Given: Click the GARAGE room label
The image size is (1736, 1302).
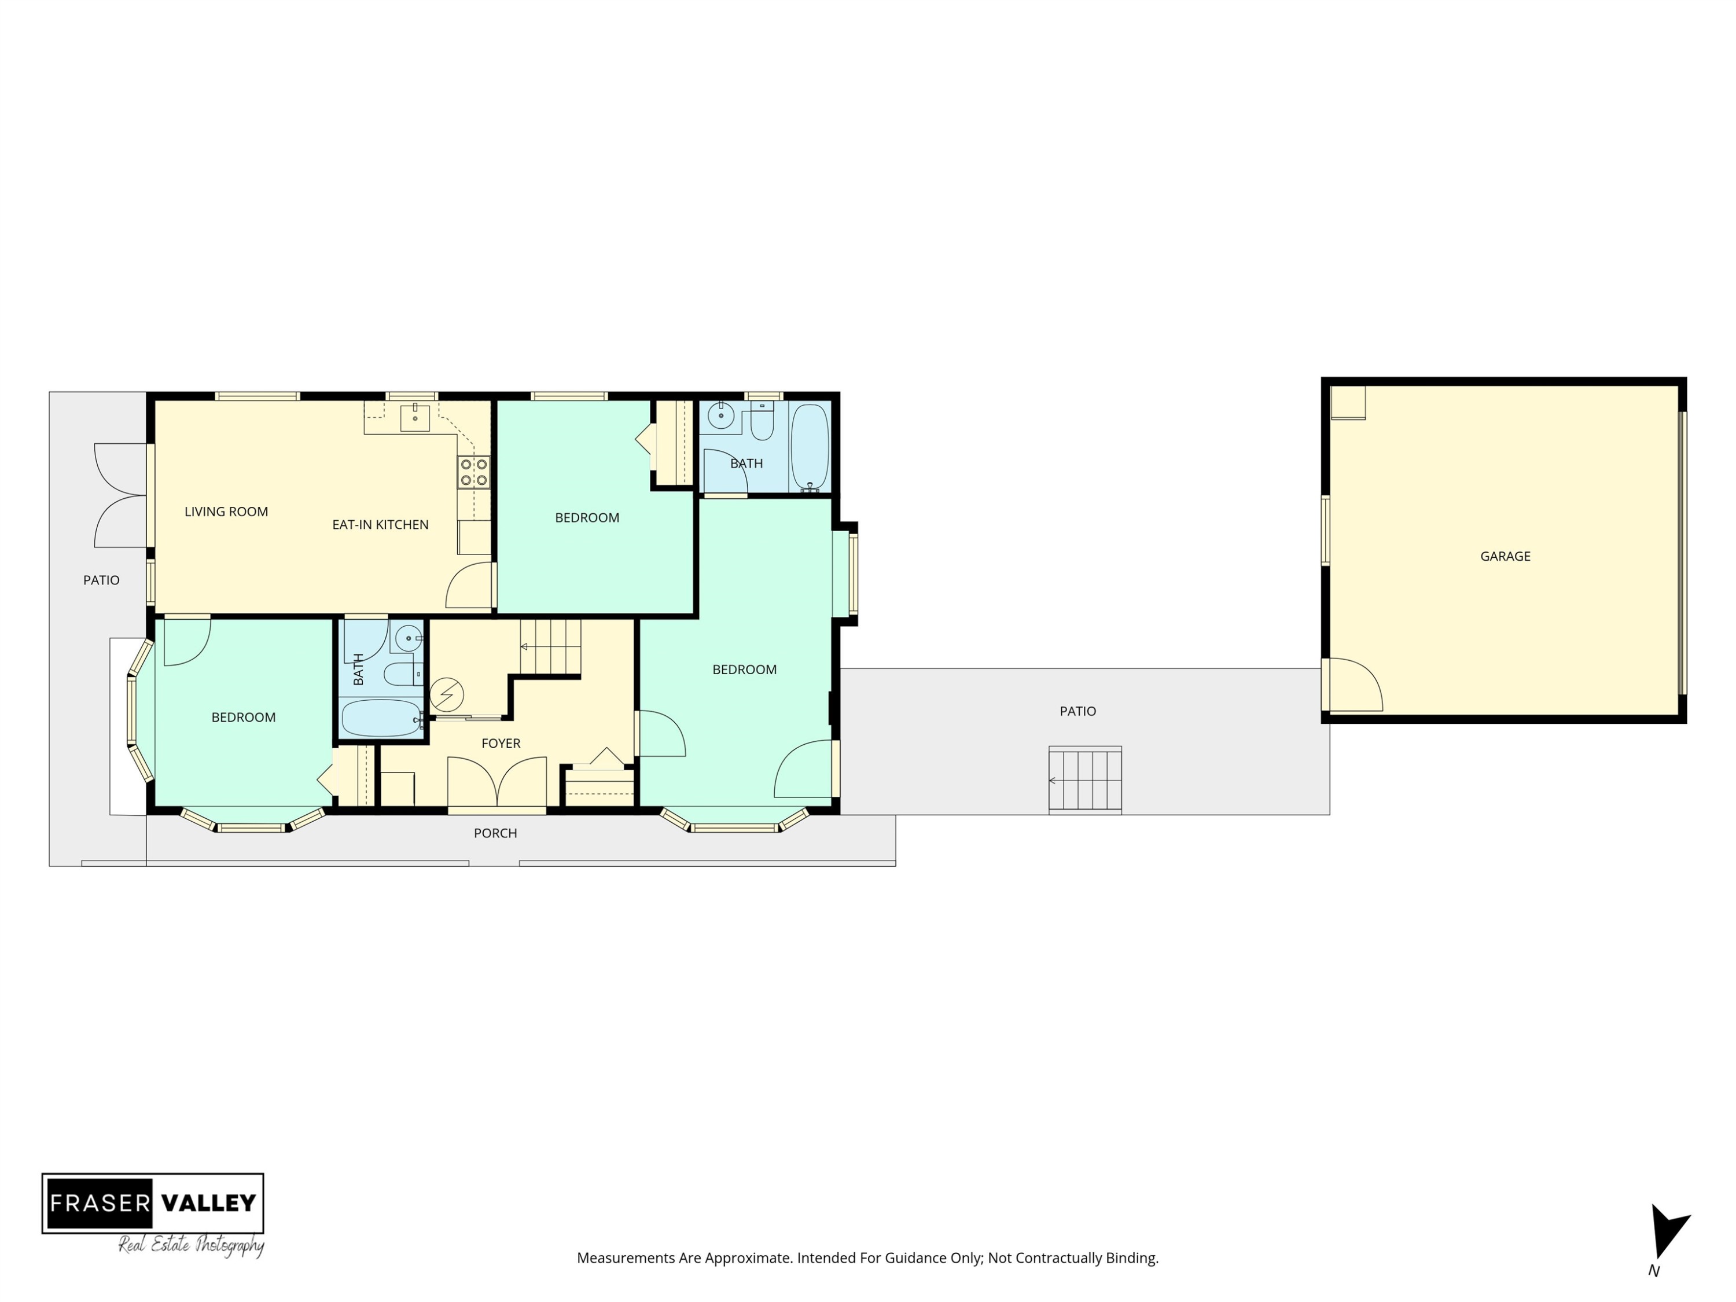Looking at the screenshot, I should pyautogui.click(x=1505, y=557).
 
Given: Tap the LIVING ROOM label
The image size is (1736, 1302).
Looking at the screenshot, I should pyautogui.click(x=226, y=512).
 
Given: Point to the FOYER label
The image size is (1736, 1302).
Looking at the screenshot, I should pyautogui.click(x=501, y=743).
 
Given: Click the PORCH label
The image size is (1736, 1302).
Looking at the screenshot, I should pyautogui.click(x=495, y=833).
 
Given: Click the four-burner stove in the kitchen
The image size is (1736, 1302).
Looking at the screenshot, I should pyautogui.click(x=474, y=472).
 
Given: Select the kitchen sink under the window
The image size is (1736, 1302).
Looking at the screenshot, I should pyautogui.click(x=414, y=418).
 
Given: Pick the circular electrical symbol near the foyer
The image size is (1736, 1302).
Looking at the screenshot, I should pyautogui.click(x=447, y=694).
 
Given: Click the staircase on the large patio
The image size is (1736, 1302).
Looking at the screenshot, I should pyautogui.click(x=1084, y=780).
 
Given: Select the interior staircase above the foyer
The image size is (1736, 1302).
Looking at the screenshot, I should pyautogui.click(x=550, y=647).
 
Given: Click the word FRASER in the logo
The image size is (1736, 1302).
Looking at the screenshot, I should pyautogui.click(x=100, y=1202).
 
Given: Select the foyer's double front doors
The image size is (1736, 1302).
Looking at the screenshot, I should pyautogui.click(x=496, y=782).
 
